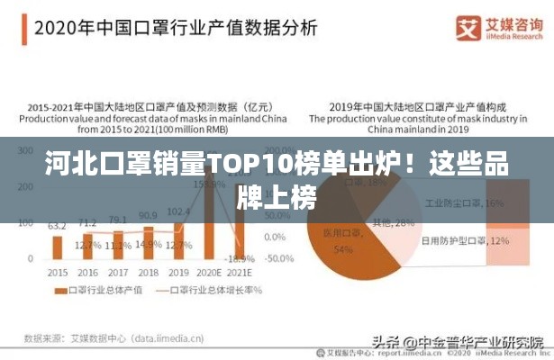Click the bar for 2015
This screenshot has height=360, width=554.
[x=57, y=247]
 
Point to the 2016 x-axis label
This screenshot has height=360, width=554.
[x=87, y=272]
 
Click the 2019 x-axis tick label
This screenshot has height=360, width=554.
[x=179, y=272]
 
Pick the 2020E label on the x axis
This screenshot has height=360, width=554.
[x=210, y=272]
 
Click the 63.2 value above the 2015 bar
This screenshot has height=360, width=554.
[x=57, y=226]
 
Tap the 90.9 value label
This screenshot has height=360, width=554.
[x=149, y=216]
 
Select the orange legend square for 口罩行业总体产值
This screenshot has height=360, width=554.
[x=60, y=290]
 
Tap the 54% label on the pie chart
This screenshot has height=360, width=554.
[x=342, y=249]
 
